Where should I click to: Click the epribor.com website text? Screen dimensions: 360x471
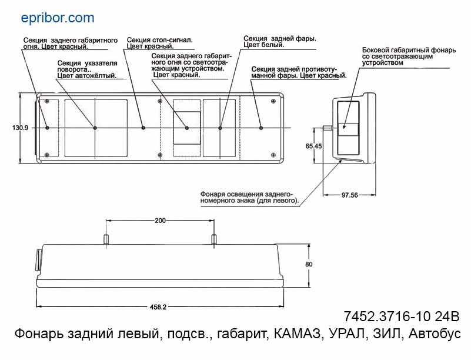[x=57, y=18]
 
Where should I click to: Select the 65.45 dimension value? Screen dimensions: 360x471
[x=314, y=146]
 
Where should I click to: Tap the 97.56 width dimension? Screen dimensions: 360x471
[x=350, y=195]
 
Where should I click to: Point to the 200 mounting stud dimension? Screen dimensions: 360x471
[x=159, y=221]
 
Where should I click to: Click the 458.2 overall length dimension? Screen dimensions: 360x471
[x=158, y=306]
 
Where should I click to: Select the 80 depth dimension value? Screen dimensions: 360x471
[x=309, y=265]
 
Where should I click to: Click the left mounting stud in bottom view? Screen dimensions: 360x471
[x=106, y=239]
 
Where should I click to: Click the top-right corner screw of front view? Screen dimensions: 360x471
[x=273, y=102]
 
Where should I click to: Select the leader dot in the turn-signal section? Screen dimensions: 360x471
[x=95, y=128]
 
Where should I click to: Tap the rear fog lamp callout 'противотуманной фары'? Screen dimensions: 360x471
[x=298, y=72]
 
